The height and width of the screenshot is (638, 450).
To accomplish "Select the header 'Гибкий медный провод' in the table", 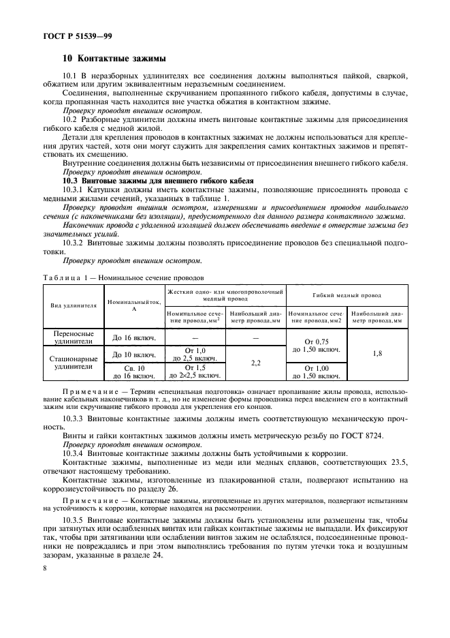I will [x=347, y=295].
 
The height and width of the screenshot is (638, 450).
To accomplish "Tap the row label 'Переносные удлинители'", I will [x=71, y=338].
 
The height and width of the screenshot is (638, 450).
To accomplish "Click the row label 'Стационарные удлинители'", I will [x=71, y=363].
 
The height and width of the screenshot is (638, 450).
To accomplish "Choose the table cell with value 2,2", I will [x=256, y=363].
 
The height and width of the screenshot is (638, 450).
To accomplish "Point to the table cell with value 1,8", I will [x=377, y=354].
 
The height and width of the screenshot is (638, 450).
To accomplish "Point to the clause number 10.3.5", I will [x=76, y=519].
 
